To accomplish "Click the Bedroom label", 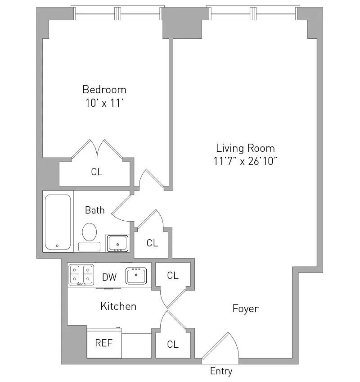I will (104, 89).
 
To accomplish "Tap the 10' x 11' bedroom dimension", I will (104, 103).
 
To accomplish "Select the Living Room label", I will (245, 148).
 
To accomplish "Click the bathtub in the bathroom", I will (58, 222).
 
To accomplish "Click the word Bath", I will (95, 210).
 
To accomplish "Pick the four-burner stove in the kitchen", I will (81, 275).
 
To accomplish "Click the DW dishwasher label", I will (109, 277).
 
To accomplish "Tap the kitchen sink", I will (136, 275).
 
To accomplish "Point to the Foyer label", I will (245, 309).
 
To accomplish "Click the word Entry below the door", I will (221, 372).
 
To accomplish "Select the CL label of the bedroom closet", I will (97, 172).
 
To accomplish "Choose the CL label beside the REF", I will (173, 345).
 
